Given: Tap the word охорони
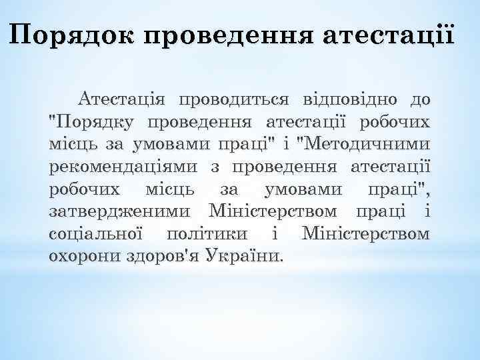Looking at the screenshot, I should [x=83, y=255].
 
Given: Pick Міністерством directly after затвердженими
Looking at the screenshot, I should [x=273, y=211].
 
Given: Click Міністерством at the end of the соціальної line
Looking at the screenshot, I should [x=366, y=233].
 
